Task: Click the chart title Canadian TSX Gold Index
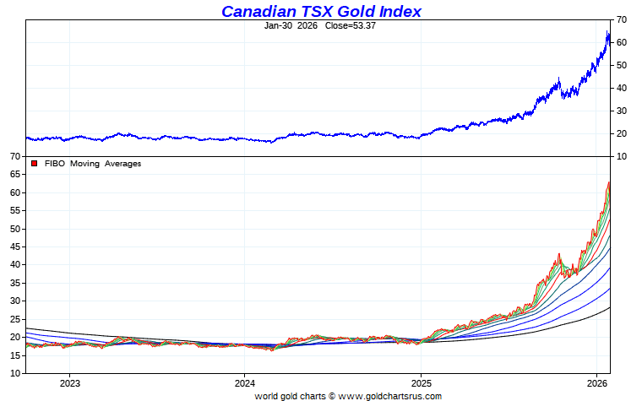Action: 321,11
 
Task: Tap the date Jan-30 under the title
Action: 279,25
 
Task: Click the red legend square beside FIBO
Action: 34,164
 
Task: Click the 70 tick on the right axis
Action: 621,19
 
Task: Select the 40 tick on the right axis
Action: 621,88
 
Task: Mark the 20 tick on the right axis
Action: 621,133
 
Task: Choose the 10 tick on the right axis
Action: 621,156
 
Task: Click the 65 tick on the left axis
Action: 15,175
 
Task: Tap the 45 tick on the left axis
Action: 15,247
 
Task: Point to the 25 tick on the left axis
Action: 15,319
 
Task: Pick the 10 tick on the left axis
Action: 15,373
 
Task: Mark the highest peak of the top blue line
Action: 607,32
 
